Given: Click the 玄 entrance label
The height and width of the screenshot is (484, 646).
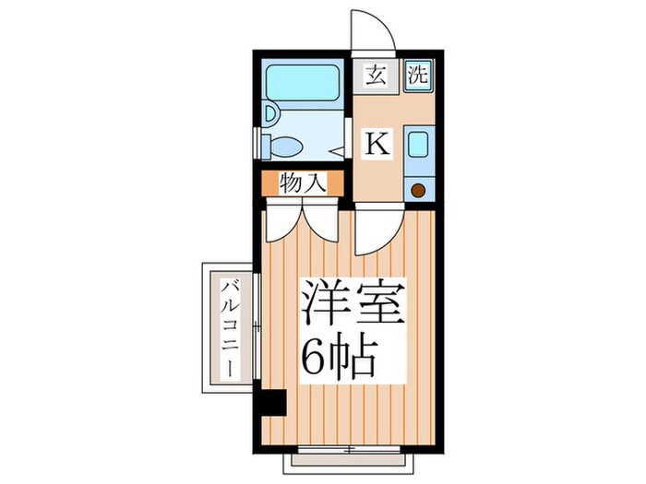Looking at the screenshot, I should point(377,76).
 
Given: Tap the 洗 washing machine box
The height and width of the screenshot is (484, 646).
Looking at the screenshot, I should point(418,76).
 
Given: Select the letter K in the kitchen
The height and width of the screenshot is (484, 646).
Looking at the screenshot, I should point(379,144).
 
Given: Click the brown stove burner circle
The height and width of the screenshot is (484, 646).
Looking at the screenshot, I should point(417,191).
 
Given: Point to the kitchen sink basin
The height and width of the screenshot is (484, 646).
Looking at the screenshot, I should point(417,146).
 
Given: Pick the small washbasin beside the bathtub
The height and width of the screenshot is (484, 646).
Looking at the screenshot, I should point(270,114).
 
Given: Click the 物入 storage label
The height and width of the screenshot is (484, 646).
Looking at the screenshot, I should point(303,183).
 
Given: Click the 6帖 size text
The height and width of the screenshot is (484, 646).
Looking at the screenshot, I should point(341,354).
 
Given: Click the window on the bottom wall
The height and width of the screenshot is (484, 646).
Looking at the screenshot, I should point(349,451).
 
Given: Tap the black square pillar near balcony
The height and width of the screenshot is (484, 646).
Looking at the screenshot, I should point(273,403).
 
